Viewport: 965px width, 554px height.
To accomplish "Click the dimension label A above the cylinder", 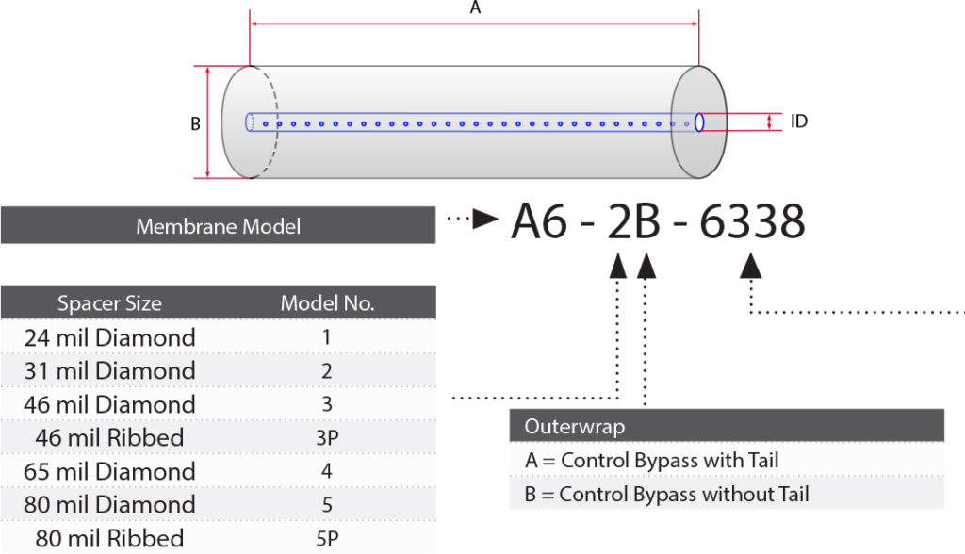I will (x=475, y=8).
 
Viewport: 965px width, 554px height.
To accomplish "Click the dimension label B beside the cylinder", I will (x=195, y=123).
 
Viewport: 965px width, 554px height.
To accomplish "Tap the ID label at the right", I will (x=798, y=122).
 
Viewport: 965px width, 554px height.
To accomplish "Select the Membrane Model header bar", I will (x=218, y=226).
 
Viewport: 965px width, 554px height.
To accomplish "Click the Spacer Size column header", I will (x=109, y=303).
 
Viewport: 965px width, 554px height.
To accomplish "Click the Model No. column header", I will (x=327, y=303).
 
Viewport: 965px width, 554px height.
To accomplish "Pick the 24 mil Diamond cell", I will (x=109, y=337).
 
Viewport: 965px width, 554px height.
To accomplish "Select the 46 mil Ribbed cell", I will (x=109, y=438).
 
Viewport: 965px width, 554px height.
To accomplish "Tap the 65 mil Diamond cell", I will (x=109, y=471).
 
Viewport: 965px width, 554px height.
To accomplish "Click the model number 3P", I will (x=327, y=438).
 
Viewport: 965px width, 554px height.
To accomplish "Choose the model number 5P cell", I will (x=327, y=539).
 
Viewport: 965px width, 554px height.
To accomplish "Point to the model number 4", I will (x=327, y=471).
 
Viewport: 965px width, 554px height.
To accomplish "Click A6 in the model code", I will (x=541, y=223).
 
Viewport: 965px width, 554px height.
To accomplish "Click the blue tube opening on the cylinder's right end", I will (x=699, y=122).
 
